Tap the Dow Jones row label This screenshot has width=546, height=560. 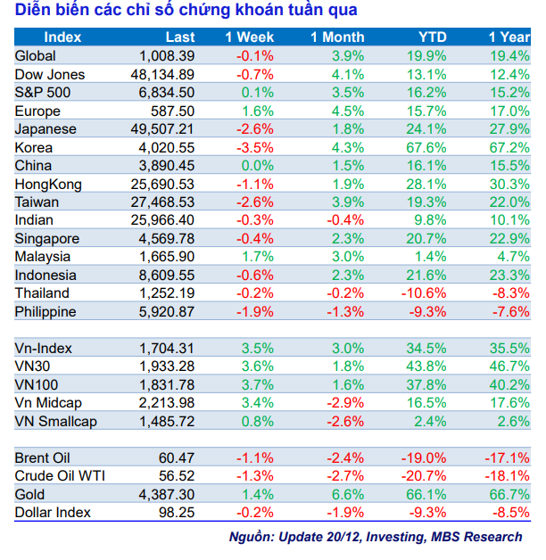50,74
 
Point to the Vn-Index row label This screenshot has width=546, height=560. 44,348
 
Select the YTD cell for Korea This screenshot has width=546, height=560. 427,147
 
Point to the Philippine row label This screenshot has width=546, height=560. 45,312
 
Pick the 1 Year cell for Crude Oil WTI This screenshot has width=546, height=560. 506,476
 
